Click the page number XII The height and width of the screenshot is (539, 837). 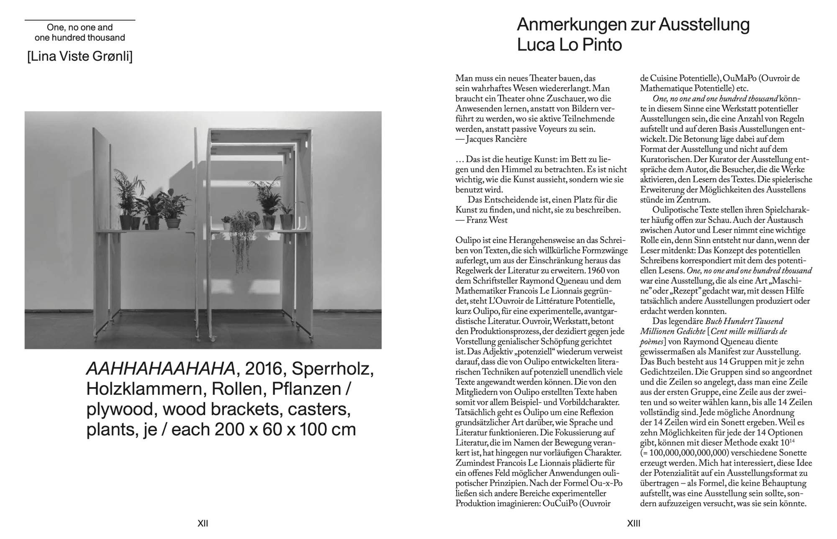[x=203, y=523]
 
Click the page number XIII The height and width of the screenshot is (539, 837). [x=634, y=523]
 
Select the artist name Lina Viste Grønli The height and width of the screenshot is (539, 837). [x=80, y=56]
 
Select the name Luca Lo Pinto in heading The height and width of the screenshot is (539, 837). [x=570, y=45]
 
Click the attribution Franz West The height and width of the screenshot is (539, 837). [x=485, y=220]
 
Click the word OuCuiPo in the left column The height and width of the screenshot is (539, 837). [x=559, y=503]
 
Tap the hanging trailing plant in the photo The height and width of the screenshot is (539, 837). [x=239, y=243]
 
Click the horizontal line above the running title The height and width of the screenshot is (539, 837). [x=80, y=20]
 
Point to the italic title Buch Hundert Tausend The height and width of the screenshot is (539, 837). [x=744, y=321]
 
